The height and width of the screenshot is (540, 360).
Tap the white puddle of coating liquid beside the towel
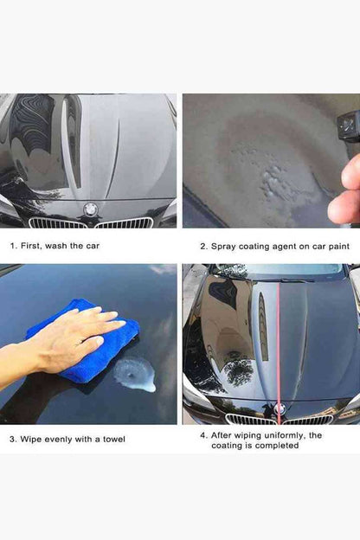tap(135, 375)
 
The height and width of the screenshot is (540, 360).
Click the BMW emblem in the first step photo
tap(90, 209)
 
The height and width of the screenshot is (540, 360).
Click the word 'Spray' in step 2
tap(223, 247)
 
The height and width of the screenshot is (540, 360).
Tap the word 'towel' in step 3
tap(114, 439)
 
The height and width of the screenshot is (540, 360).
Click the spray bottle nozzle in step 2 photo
tap(349, 125)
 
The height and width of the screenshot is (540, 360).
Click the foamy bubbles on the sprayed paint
tap(272, 179)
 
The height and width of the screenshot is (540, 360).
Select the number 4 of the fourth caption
tap(202, 435)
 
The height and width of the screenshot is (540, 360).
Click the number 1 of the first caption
tap(13, 246)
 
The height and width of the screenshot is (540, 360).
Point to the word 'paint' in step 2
tap(339, 247)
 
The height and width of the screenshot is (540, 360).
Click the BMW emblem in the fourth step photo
tap(280, 409)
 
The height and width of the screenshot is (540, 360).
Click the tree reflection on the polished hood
tap(238, 371)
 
